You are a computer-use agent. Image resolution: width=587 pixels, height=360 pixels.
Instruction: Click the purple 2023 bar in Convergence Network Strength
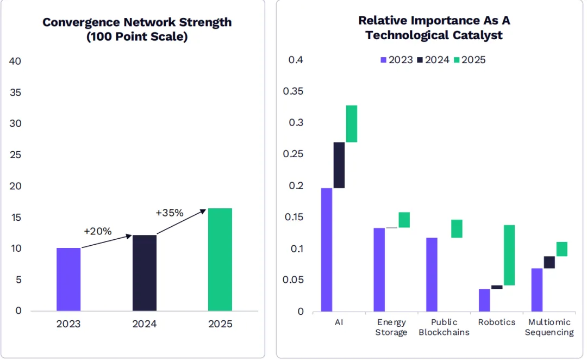[x=68, y=280]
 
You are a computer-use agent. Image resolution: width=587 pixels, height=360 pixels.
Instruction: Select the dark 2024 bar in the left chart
[x=145, y=273]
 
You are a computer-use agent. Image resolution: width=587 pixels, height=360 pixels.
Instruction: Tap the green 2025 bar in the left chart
[x=220, y=259]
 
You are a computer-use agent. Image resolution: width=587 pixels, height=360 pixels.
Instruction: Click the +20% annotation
[x=98, y=231]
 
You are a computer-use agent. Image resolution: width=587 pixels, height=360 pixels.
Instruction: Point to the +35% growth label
[x=170, y=213]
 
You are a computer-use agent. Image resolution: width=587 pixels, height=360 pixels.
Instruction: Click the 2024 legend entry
[x=433, y=60]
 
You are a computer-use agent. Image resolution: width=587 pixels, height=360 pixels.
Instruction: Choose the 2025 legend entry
[x=469, y=60]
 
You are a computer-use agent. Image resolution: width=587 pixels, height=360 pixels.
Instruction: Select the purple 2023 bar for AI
[x=327, y=250]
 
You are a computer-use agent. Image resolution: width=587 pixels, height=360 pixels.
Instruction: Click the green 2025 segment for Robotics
[x=509, y=255]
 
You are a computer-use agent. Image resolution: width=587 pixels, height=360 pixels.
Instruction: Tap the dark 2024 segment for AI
[x=339, y=165]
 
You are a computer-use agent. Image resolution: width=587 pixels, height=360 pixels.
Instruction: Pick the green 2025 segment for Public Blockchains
[x=457, y=228]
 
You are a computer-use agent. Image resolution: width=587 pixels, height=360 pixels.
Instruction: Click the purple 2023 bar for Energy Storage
[x=379, y=270]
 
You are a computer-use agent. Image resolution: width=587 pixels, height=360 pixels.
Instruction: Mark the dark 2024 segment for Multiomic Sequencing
[x=549, y=262]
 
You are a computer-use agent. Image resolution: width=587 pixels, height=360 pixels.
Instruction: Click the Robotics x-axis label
[x=497, y=322]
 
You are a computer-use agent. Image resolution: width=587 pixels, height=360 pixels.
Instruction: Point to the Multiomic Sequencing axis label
[x=549, y=327]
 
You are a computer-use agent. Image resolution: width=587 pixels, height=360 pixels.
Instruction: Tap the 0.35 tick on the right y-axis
[x=293, y=91]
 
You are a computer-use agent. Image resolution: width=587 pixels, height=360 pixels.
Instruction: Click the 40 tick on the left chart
[x=15, y=61]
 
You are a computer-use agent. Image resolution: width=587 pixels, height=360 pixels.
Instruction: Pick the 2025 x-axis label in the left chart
[x=220, y=324]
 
